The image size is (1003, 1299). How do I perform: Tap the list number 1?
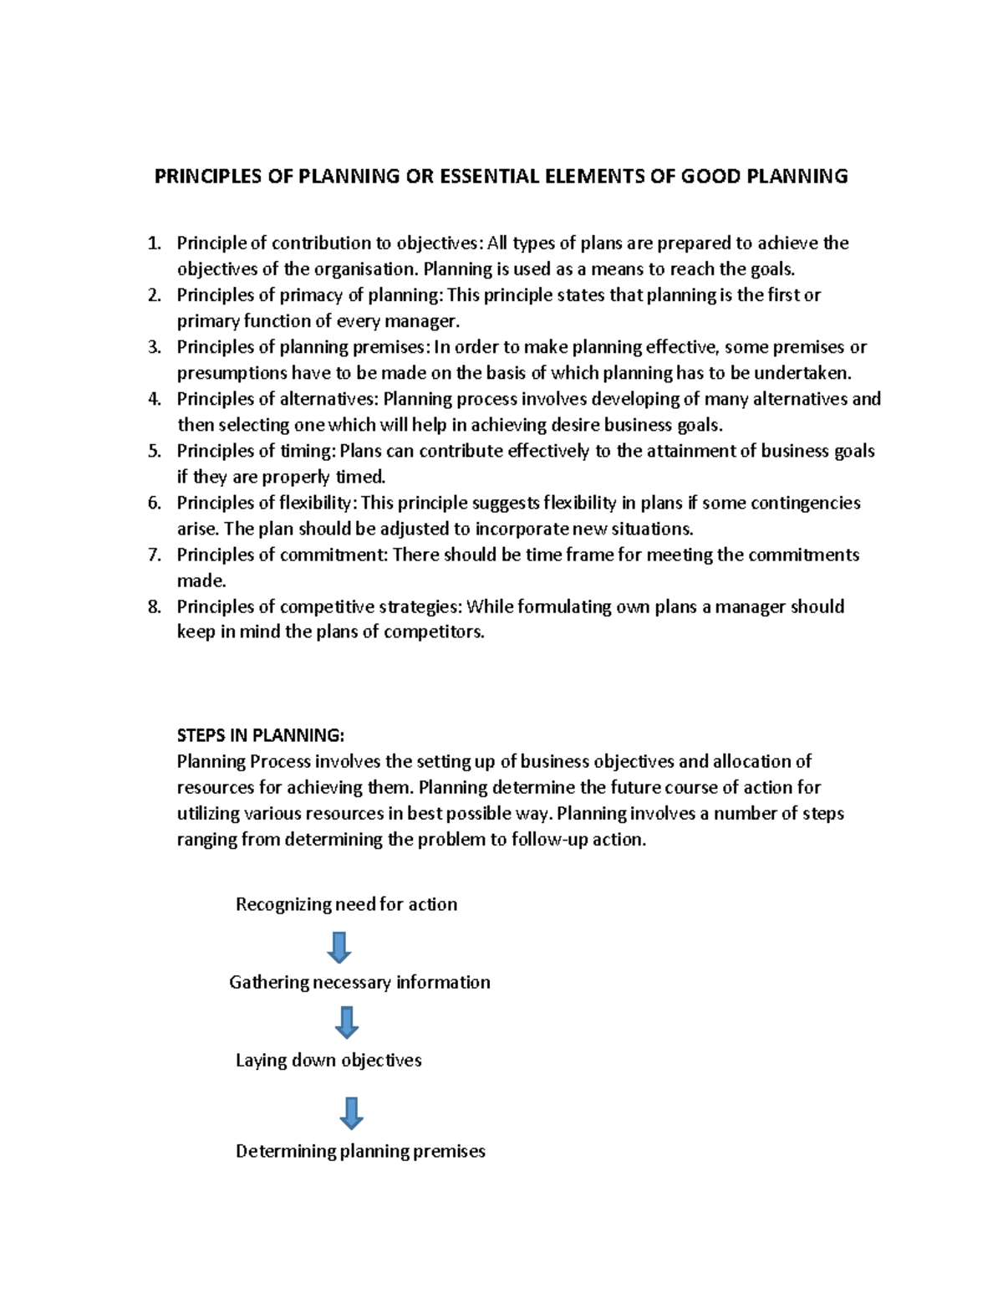pyautogui.click(x=153, y=243)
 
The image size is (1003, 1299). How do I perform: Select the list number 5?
pyautogui.click(x=154, y=452)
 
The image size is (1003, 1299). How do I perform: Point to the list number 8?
pyautogui.click(x=154, y=607)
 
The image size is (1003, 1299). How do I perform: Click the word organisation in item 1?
pyautogui.click(x=364, y=269)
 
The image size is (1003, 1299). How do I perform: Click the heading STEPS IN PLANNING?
pyautogui.click(x=260, y=736)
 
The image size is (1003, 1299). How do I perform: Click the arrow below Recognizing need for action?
pyautogui.click(x=339, y=948)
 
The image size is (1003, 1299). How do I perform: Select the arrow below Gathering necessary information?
pyautogui.click(x=346, y=1022)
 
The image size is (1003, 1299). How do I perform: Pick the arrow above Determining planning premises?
pyautogui.click(x=351, y=1113)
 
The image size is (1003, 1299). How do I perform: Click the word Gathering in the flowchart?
pyautogui.click(x=269, y=983)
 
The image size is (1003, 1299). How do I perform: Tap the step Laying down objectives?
pyautogui.click(x=328, y=1061)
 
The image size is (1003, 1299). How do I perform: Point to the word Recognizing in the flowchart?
pyautogui.click(x=283, y=905)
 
